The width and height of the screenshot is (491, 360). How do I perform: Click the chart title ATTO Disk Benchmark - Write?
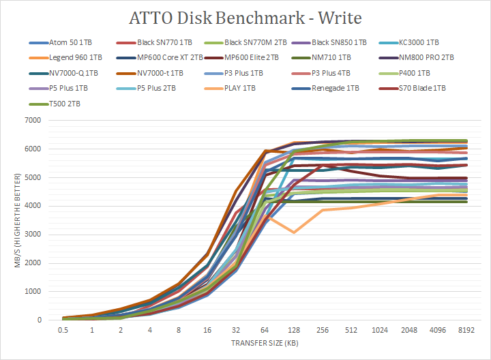point(245,16)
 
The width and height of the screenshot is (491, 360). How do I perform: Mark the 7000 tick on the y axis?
point(32,120)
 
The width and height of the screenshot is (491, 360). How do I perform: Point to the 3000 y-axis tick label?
point(32,235)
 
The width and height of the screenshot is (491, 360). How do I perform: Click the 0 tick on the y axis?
point(39,320)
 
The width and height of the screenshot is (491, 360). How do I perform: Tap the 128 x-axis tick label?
point(293,331)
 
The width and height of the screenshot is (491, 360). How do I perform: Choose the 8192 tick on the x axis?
point(465,331)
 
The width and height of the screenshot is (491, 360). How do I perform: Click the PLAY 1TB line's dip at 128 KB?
point(293,232)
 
